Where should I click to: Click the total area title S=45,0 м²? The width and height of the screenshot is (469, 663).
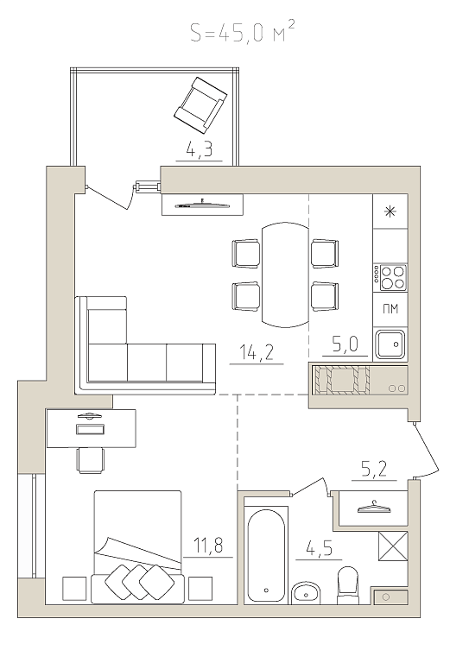coord(242,33)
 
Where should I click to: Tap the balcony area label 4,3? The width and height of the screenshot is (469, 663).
coord(199,149)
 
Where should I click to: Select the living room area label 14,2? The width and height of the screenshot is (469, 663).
coord(257,352)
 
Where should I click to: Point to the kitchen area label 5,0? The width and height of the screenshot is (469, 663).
coord(345,344)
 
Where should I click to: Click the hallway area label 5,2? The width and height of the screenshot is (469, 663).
coord(374,469)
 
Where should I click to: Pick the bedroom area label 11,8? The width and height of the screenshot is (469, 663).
coord(208,546)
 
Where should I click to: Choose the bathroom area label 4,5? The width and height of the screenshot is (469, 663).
coord(319,549)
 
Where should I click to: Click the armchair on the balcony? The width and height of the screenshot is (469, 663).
coord(200,104)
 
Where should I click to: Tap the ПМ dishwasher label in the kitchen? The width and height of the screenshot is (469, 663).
coord(390,309)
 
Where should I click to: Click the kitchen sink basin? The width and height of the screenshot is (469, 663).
coord(390,344)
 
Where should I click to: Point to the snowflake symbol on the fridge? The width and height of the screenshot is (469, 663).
coord(390,212)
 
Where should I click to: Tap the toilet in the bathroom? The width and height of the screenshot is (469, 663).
coord(347,585)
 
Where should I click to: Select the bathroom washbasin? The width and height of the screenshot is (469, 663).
coord(306,593)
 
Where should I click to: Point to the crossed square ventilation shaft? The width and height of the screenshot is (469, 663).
coord(393,546)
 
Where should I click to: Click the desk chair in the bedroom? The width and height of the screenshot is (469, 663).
coord(91,460)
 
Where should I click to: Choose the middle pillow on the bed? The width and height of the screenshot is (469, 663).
coord(138,582)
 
